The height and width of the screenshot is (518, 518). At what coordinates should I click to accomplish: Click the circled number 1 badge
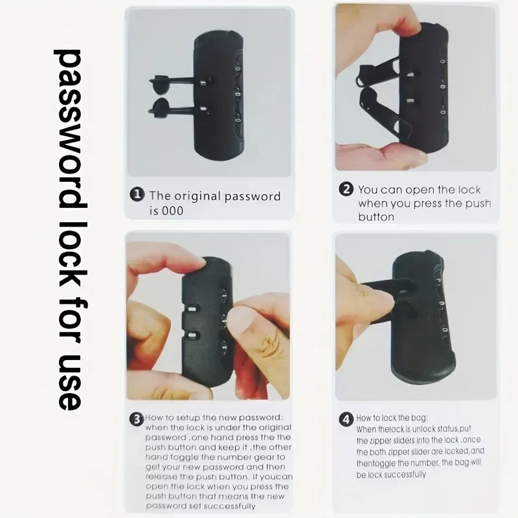[137, 194]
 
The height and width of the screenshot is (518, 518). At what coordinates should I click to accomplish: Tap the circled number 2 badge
[346, 189]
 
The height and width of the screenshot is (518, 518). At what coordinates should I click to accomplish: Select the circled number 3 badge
[137, 420]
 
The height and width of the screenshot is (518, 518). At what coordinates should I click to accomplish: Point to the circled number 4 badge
[346, 420]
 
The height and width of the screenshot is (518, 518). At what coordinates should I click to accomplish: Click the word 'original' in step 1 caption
[197, 196]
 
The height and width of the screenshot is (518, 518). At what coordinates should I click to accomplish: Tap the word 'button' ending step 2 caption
[376, 217]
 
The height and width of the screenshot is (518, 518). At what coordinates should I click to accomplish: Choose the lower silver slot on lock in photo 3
[192, 336]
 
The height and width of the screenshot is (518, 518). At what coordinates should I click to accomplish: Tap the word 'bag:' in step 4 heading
[419, 418]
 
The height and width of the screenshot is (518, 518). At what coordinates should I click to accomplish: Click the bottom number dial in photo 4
[445, 330]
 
